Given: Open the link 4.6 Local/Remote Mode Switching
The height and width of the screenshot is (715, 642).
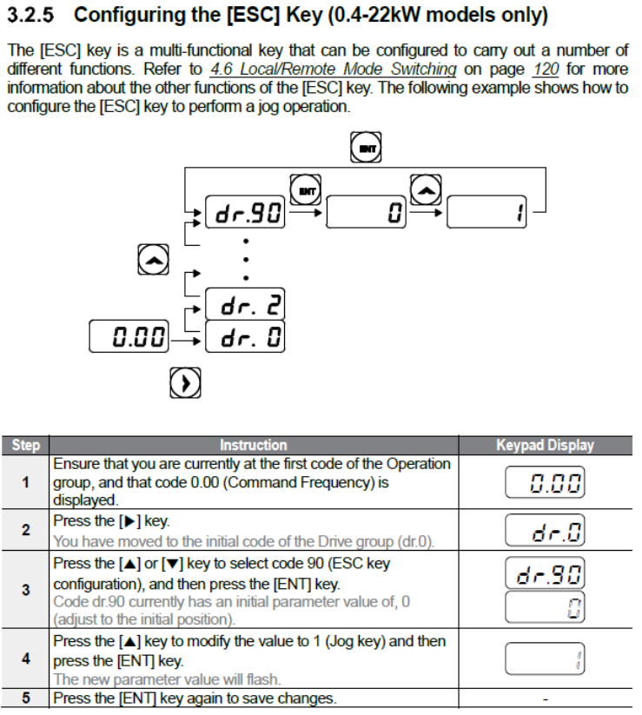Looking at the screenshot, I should click(334, 70).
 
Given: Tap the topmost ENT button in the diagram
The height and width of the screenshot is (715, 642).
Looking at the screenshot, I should click(366, 148).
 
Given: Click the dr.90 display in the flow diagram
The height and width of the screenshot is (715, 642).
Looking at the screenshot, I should click(246, 212).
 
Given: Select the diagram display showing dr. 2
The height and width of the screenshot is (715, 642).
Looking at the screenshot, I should click(246, 304).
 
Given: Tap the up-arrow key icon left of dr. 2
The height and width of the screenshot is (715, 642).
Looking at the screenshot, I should click(151, 259).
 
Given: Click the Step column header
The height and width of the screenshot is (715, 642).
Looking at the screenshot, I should click(25, 446).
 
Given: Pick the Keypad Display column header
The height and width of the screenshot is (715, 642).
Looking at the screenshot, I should click(545, 446).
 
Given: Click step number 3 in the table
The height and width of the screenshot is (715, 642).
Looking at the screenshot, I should click(25, 589).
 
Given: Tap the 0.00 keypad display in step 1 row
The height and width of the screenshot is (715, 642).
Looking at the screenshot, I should click(545, 481).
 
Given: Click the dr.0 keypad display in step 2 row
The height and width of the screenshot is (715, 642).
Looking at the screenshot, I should click(545, 529).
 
